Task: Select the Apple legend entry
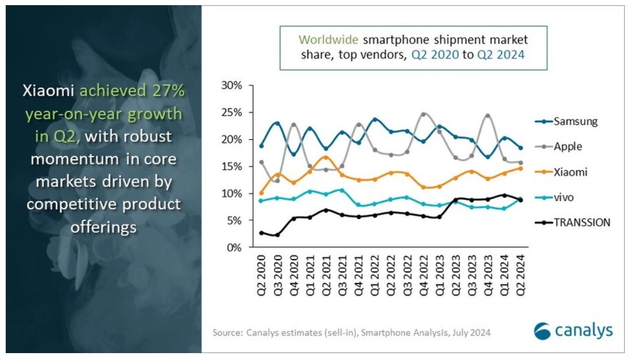(x=568, y=146)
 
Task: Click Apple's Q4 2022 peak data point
(x=424, y=114)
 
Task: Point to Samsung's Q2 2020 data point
(x=261, y=146)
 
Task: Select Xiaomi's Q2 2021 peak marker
(x=326, y=157)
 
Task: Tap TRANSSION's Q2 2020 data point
(x=261, y=233)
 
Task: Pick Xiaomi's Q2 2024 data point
(x=521, y=168)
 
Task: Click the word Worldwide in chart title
(x=329, y=41)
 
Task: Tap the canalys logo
(x=573, y=331)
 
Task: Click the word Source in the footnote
(x=226, y=332)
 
